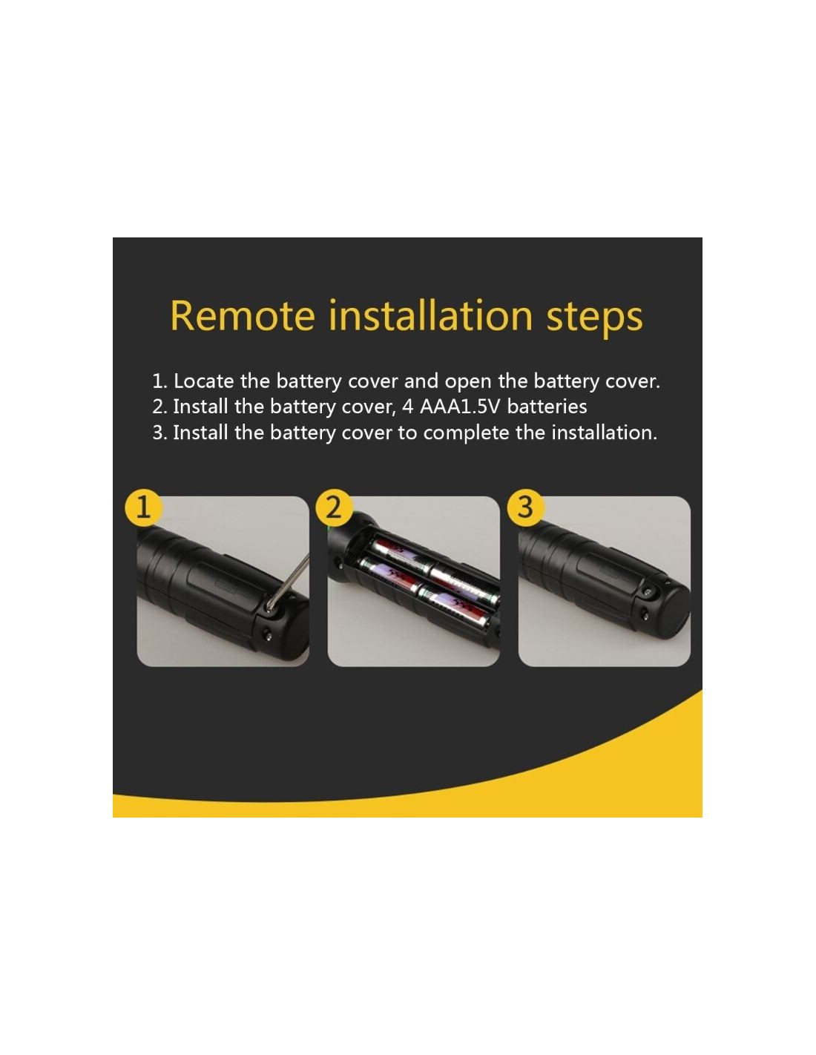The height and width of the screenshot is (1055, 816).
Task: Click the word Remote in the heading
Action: click(x=242, y=316)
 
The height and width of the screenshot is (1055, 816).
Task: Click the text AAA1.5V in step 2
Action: click(x=459, y=407)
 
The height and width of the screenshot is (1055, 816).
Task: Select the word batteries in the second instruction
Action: click(x=547, y=407)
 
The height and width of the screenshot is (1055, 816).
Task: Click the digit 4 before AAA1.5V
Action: click(x=408, y=407)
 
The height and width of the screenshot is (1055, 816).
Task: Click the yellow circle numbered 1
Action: click(x=143, y=508)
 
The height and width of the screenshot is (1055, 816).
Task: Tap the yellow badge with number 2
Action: click(x=334, y=508)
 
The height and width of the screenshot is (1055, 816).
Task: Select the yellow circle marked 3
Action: click(x=525, y=508)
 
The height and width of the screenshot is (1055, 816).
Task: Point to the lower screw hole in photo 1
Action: click(x=266, y=633)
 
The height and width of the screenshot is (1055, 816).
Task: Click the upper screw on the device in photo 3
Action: click(x=647, y=592)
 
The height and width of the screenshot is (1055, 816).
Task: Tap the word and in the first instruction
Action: click(x=421, y=381)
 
